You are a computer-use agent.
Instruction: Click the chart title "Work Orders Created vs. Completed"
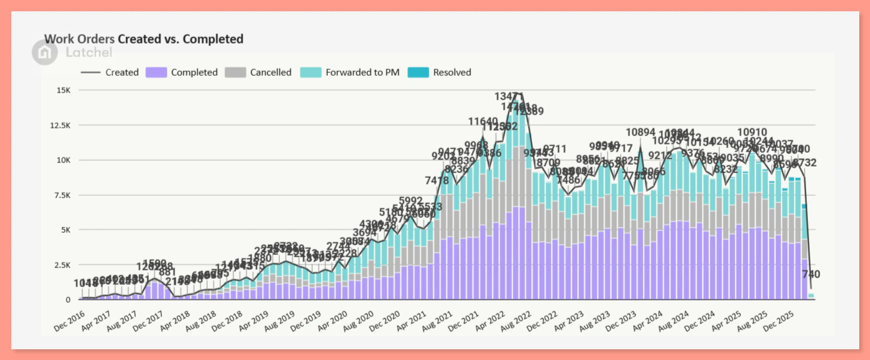(144, 39)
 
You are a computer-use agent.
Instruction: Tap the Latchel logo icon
(45, 53)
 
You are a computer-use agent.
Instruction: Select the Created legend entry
(110, 72)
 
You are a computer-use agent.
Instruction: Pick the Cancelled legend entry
(258, 72)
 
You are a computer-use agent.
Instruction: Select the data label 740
(811, 275)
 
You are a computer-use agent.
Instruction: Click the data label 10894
(641, 133)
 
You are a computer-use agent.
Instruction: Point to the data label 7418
(436, 180)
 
